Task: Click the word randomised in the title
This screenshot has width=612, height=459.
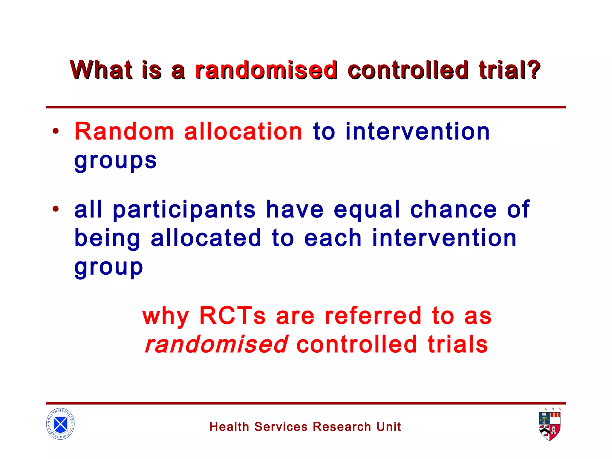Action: [266, 70]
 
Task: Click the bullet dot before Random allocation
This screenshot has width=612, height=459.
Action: [56, 131]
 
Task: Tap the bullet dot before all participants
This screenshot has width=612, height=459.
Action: [56, 209]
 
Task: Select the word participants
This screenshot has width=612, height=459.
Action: [184, 210]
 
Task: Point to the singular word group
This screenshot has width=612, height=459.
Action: [108, 267]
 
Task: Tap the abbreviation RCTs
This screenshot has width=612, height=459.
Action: [232, 316]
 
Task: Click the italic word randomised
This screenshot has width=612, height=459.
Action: [216, 344]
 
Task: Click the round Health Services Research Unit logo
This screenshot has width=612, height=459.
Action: [60, 424]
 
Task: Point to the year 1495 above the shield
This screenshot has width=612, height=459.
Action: [550, 409]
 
